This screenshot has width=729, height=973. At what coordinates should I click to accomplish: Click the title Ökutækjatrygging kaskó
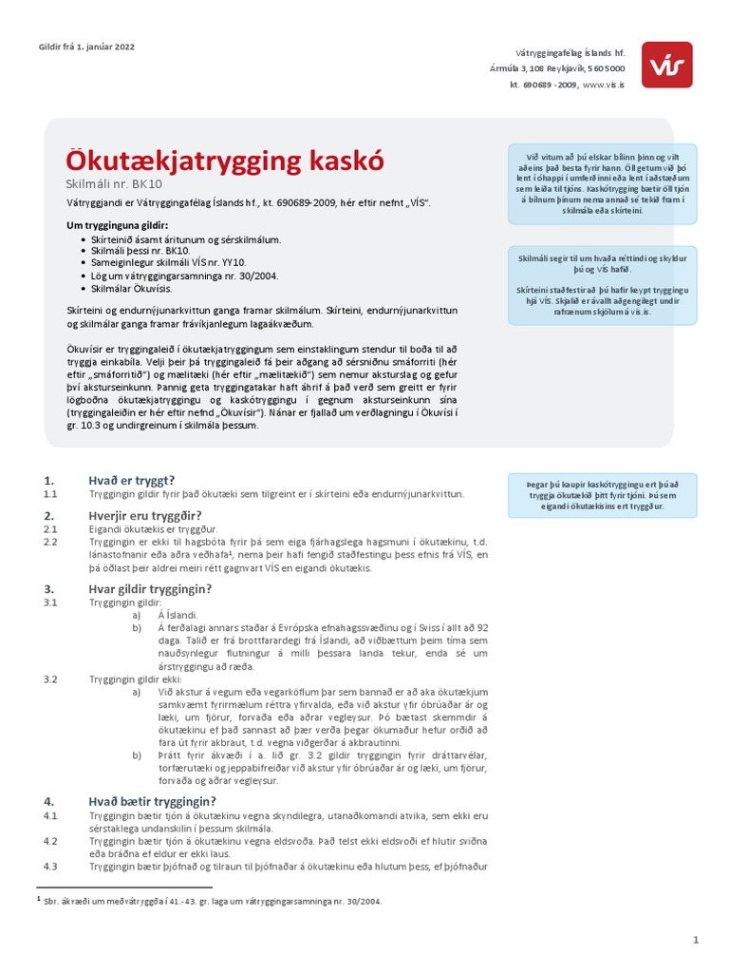pyautogui.click(x=225, y=160)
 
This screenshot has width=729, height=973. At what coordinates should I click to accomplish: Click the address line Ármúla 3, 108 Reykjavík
pyautogui.click(x=541, y=69)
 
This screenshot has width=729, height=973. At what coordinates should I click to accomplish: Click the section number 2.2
pyautogui.click(x=51, y=542)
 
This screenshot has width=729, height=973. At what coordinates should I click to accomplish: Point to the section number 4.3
pyautogui.click(x=51, y=867)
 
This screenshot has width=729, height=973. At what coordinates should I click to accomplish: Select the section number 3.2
pyautogui.click(x=51, y=679)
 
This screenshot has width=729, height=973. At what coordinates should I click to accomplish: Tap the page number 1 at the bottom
pyautogui.click(x=696, y=941)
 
